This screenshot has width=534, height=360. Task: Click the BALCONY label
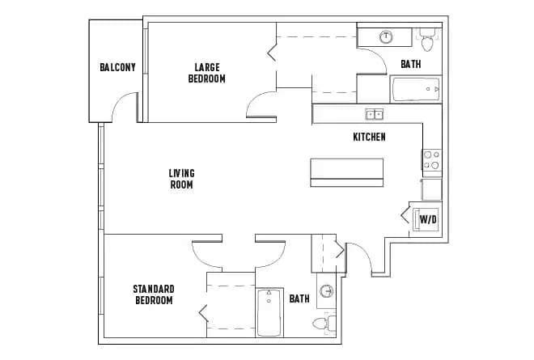[x=117, y=67]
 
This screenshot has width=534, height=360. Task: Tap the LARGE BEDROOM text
[x=206, y=73]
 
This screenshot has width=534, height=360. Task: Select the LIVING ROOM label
[x=181, y=178]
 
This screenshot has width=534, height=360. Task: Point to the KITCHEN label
[x=369, y=137]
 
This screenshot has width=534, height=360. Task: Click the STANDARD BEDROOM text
[x=154, y=294]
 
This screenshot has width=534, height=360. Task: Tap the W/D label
[x=428, y=219]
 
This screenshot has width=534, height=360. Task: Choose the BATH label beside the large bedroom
[x=410, y=64]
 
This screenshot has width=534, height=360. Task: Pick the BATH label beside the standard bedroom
[x=299, y=299]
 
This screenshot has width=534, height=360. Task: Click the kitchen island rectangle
[x=347, y=172]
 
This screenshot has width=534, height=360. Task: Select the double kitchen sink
[x=374, y=114]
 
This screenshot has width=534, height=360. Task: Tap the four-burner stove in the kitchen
[x=431, y=160]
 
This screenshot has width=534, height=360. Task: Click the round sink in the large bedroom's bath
[x=386, y=36]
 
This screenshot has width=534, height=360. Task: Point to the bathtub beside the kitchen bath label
[x=416, y=89]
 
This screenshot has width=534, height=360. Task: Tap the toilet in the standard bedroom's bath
[x=322, y=324]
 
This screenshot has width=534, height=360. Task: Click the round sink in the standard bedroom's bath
[x=327, y=291]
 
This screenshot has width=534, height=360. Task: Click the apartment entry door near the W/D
[x=360, y=259]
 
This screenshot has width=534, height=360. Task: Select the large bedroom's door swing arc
[x=261, y=105]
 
